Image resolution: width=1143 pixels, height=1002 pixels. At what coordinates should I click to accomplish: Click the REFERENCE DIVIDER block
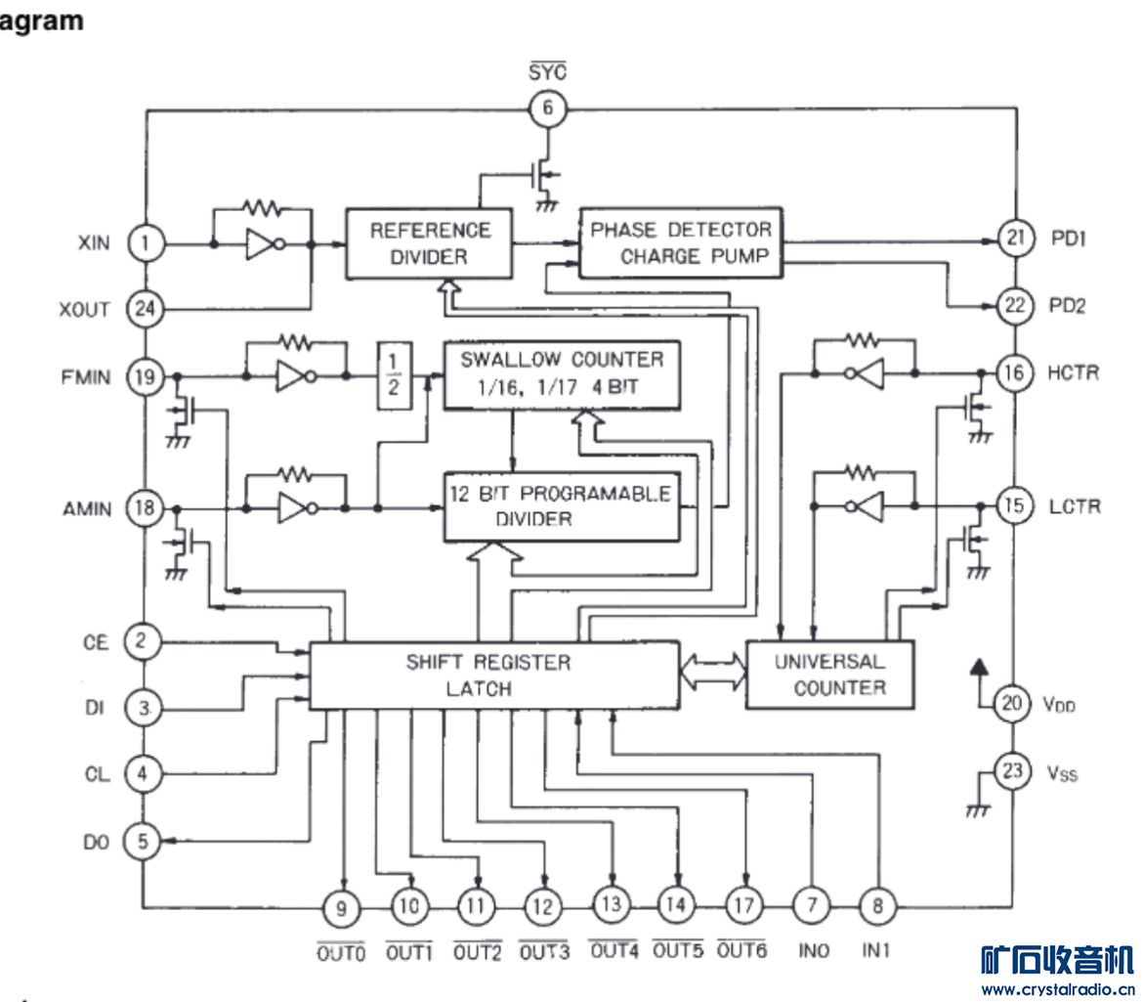click(430, 243)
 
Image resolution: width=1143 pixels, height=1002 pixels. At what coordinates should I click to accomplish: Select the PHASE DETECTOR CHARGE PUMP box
click(680, 242)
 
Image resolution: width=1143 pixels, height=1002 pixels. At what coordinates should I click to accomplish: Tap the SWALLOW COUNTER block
click(562, 373)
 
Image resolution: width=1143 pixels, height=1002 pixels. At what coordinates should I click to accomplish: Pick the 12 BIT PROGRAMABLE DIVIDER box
click(561, 506)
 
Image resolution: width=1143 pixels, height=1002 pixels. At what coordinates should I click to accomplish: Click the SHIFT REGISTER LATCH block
click(492, 675)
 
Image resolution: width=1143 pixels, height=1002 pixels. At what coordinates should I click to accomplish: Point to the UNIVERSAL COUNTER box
click(829, 675)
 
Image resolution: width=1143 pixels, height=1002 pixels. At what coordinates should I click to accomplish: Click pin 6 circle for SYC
click(547, 108)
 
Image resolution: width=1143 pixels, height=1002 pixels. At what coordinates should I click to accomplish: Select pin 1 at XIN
click(145, 243)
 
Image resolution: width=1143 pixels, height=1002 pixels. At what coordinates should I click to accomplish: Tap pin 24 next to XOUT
click(145, 310)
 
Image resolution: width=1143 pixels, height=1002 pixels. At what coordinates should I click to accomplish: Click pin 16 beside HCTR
click(1014, 372)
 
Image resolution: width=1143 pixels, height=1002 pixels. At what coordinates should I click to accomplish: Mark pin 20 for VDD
click(1014, 703)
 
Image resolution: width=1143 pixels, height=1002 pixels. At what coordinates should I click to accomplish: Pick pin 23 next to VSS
click(1014, 771)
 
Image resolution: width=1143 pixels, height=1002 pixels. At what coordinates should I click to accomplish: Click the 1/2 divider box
click(393, 373)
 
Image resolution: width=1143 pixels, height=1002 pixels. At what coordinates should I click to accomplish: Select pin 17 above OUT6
click(743, 905)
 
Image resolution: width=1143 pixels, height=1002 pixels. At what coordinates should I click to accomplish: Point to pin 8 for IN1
click(876, 906)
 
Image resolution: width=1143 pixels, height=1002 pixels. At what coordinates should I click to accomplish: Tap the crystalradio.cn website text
click(1057, 989)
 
